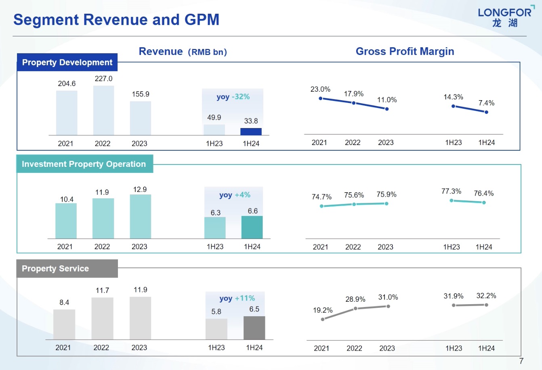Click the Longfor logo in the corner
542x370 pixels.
click(505, 17)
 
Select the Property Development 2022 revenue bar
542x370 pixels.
click(103, 110)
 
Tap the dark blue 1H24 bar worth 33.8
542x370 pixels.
click(251, 132)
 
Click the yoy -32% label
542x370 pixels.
click(233, 97)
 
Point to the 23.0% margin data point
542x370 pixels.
click(321, 98)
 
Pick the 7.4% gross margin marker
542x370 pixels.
click(486, 112)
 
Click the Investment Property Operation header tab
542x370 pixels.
click(84, 164)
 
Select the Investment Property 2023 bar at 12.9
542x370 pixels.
click(141, 217)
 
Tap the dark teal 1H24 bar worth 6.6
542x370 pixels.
click(252, 227)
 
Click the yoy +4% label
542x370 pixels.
click(235, 195)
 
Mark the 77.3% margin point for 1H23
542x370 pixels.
click(452, 200)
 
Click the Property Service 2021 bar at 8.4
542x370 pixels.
click(64, 324)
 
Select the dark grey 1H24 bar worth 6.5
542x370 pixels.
click(254, 328)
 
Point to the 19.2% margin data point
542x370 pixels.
click(323, 320)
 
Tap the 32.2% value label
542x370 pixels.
click(486, 296)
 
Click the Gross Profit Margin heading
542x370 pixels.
click(405, 51)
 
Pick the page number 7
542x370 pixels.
click(521, 361)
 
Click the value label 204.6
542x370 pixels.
click(67, 84)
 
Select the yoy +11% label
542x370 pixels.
click(237, 299)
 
